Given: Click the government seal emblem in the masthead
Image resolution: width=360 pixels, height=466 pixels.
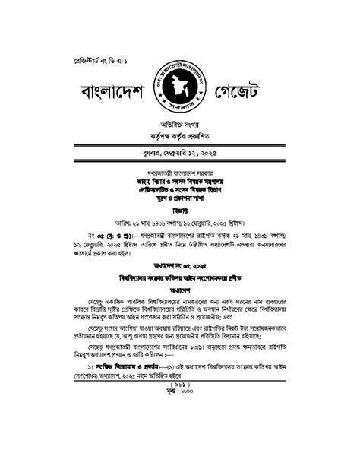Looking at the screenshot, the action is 180,91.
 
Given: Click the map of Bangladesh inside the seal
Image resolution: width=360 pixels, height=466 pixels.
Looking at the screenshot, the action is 180,90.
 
